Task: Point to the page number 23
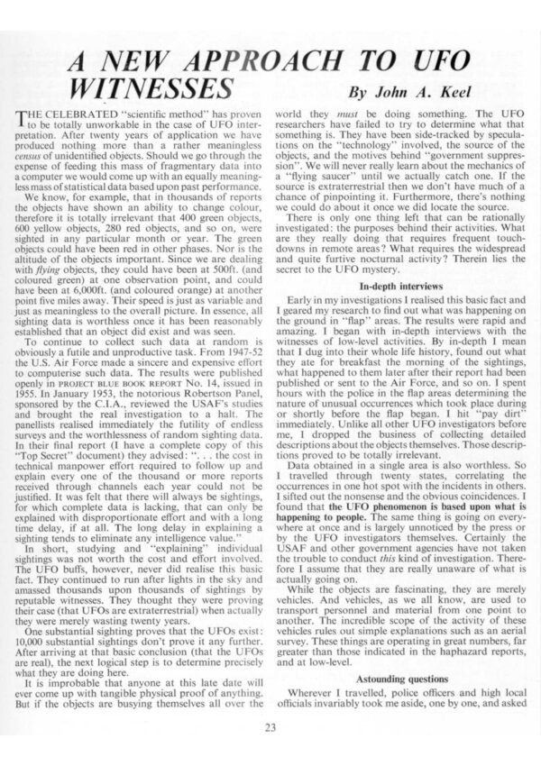(270, 728)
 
